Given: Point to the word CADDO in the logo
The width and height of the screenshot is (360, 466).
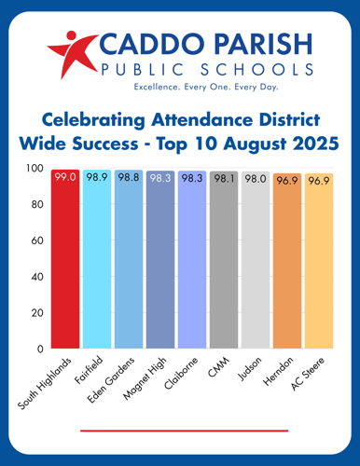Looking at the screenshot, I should coord(141,44).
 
